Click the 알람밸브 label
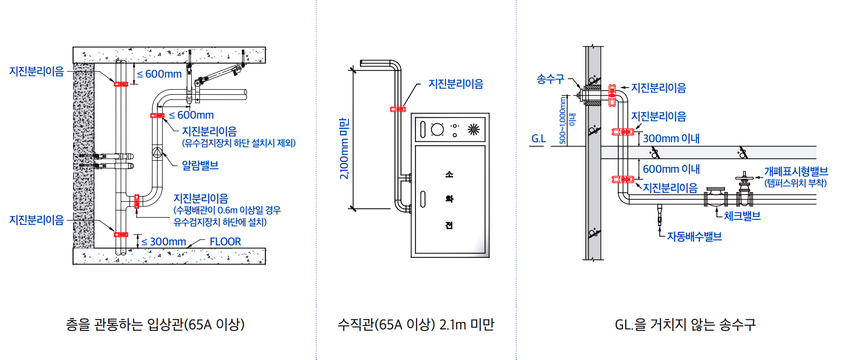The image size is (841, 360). tap(200, 165)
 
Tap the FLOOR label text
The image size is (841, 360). tap(225, 242)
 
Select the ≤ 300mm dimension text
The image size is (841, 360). tap(164, 242)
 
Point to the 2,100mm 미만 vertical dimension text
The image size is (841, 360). tap(344, 148)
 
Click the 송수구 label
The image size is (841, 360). tap(550, 79)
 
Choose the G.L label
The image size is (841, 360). tap(539, 139)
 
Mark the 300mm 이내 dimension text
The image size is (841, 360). tap(671, 138)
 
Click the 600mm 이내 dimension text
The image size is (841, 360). tap(671, 169)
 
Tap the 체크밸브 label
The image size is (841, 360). tap(742, 216)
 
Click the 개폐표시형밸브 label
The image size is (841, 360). tap(795, 171)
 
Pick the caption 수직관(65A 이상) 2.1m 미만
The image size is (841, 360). tap(415, 324)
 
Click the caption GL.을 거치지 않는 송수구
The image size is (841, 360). tap(685, 324)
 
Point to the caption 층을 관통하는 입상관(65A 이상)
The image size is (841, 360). tap(155, 324)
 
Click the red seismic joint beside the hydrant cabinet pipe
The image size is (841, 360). tap(398, 109)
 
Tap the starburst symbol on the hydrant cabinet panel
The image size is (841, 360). tap(473, 130)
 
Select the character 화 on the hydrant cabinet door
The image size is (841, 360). tap(449, 199)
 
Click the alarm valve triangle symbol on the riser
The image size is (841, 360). tap(157, 152)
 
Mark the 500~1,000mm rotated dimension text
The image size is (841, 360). tap(563, 120)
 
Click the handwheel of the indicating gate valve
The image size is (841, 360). tap(744, 177)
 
